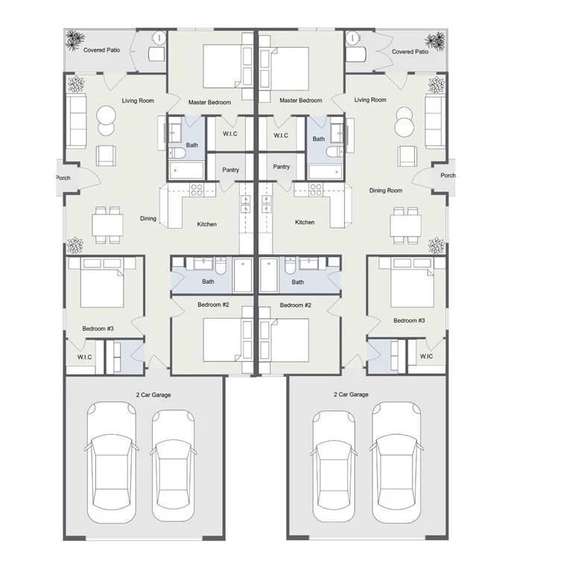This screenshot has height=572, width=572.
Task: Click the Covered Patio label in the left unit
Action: coord(101,50)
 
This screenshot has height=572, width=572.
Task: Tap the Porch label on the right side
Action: coord(448,176)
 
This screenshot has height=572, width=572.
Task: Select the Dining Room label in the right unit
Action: coord(386,191)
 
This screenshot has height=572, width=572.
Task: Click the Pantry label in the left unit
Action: coord(231,170)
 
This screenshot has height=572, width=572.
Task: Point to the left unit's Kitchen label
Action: coord(207,224)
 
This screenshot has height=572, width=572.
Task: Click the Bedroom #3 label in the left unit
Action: coord(98,328)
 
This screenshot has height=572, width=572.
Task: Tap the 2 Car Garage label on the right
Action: coord(351,394)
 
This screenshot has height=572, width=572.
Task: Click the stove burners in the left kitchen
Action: coord(197,190)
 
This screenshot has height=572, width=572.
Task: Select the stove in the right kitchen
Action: coord(316,190)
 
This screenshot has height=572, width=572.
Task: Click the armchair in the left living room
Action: coord(106,156)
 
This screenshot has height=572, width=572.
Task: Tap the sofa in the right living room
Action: coord(435,121)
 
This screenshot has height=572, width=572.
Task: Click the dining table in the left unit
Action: coord(107,226)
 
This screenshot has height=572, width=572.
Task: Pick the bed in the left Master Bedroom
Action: coord(222,66)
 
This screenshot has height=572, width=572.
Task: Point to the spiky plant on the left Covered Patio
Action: coord(74,39)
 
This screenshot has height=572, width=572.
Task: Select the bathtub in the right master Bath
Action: coord(325,172)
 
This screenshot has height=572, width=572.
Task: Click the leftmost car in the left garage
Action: coord(111,463)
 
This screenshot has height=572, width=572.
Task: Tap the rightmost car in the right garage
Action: coord(396,463)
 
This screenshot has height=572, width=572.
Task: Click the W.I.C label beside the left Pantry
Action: coord(230,134)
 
